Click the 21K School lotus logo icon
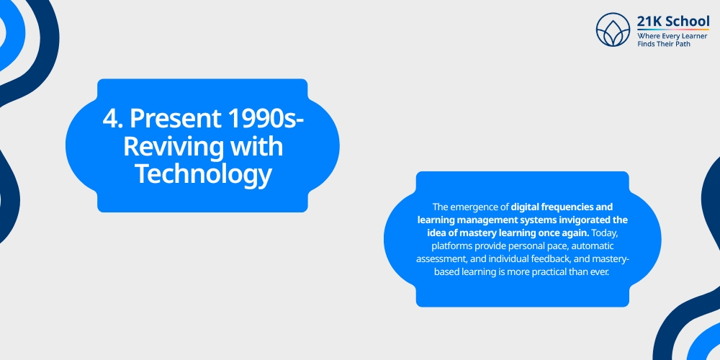coord(613,30)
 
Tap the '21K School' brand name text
coord(673,21)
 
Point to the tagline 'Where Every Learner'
coord(671,35)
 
